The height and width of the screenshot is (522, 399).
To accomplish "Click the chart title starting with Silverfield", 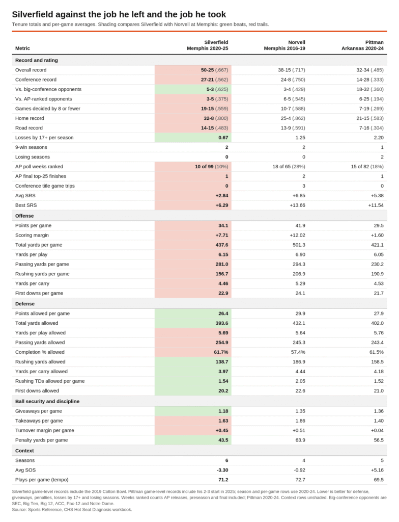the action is [x=119, y=14].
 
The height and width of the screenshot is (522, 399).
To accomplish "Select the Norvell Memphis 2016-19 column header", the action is [x=284, y=45].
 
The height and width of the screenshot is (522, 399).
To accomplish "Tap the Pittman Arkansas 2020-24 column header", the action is [x=362, y=45].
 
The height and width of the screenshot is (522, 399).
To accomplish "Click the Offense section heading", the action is [x=24, y=216].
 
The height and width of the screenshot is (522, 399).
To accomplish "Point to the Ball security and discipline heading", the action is [x=47, y=402].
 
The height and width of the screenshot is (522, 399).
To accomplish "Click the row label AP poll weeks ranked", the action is [x=39, y=167].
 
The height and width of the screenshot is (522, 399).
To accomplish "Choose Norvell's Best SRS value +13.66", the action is [x=297, y=205].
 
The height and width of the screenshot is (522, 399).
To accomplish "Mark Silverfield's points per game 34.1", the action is [x=223, y=225].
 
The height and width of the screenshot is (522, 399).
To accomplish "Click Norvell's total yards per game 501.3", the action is [x=299, y=245].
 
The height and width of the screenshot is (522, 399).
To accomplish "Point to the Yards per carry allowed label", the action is [x=41, y=371].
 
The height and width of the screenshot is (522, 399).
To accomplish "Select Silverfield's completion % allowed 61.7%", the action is [x=221, y=352].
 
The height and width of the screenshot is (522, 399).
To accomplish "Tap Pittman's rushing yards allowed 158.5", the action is [x=378, y=361].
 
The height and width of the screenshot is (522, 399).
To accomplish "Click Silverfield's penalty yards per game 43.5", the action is [x=223, y=440].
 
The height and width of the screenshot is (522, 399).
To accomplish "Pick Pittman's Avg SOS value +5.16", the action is [x=377, y=470].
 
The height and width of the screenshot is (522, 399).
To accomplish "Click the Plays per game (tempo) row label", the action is [x=42, y=480].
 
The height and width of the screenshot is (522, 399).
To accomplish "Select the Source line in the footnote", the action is [x=72, y=510].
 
